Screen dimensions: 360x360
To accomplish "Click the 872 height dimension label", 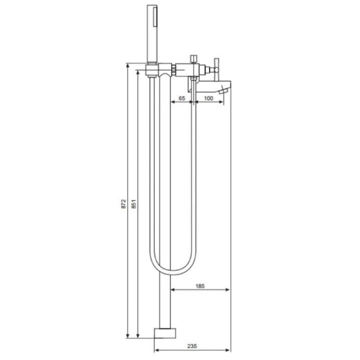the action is (x=124, y=204).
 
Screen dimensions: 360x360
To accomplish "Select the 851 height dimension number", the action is (x=134, y=204).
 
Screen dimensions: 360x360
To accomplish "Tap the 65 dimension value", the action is (x=181, y=98).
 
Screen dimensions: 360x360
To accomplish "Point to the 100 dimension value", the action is (x=208, y=98).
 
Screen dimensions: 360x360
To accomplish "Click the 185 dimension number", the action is (x=200, y=286).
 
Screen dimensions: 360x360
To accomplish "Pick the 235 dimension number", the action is (x=192, y=346).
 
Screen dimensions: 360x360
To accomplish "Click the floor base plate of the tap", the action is (x=165, y=333).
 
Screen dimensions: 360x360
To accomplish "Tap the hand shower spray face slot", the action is (x=155, y=16).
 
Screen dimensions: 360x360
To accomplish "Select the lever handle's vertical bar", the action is (x=216, y=69).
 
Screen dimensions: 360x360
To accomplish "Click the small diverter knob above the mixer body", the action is (x=194, y=59).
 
